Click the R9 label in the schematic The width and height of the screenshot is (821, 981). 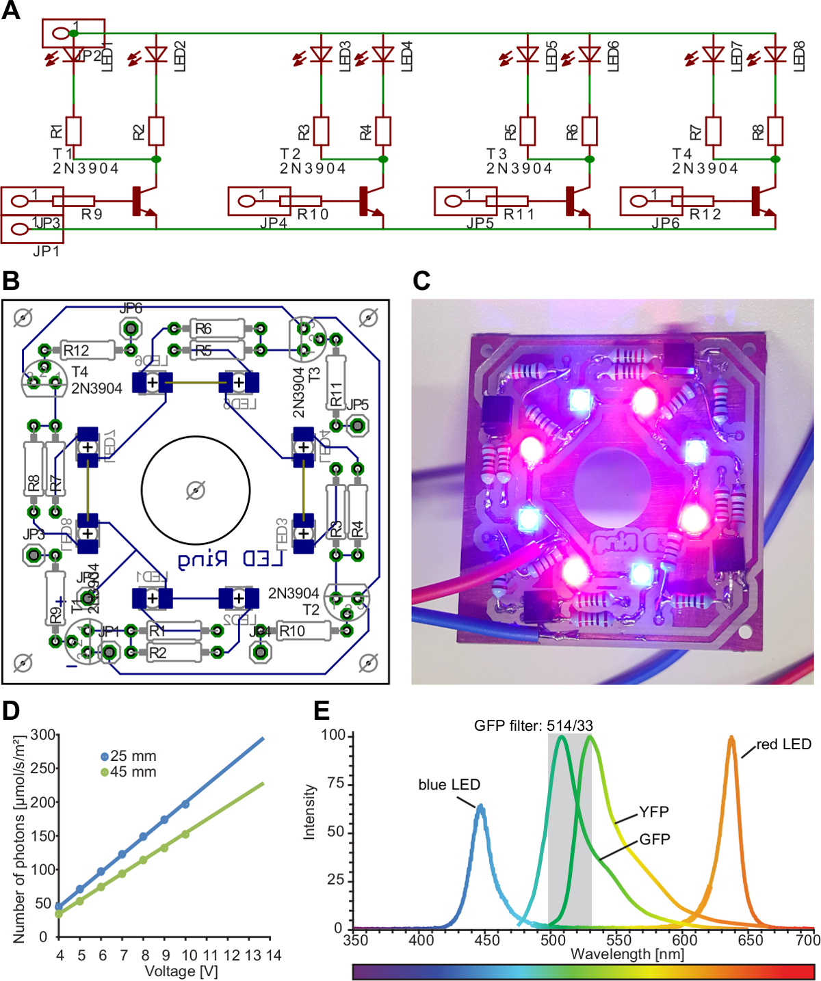92,215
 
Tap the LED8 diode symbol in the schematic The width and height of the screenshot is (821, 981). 775,54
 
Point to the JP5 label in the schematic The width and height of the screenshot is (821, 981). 480,224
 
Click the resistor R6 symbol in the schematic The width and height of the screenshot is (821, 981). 589,131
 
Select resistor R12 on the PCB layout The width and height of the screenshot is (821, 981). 88,350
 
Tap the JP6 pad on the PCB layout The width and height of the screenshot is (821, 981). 131,329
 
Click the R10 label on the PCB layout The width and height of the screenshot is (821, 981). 292,631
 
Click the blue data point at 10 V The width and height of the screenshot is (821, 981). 185,804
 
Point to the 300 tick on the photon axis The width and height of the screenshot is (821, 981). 45,735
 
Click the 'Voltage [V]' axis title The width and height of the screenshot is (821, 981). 181,971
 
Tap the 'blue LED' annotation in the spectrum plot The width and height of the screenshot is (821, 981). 449,785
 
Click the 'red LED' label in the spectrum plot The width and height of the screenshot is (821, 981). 783,744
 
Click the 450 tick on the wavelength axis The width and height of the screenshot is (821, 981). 487,940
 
